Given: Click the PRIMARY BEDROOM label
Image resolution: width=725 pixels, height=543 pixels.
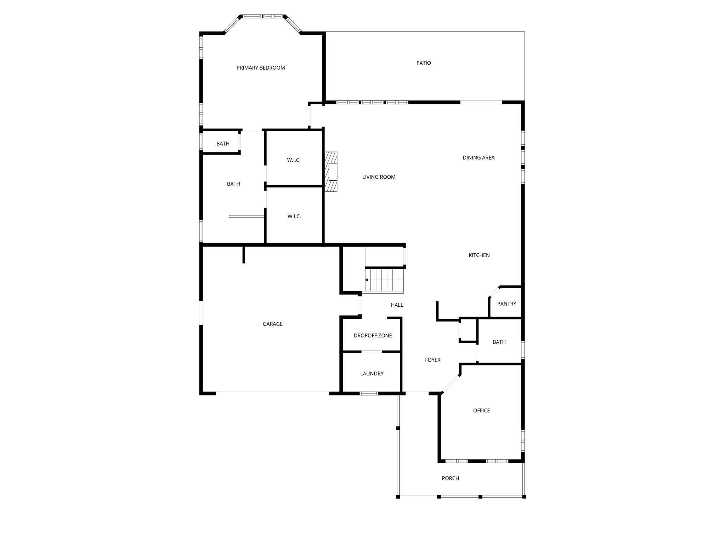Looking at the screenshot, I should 261,68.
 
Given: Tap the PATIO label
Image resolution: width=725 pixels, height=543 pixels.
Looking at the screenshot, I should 424,63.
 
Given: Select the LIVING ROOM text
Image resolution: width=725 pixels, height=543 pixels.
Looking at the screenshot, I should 379,177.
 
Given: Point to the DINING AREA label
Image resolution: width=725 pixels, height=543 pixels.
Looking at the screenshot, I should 478,158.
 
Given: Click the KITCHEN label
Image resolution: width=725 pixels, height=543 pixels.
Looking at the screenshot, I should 479,255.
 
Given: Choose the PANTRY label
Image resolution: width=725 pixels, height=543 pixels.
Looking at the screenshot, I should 506,304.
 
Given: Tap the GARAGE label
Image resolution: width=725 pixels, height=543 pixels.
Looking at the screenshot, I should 272,324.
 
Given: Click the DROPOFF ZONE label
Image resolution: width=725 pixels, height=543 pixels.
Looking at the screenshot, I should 373,335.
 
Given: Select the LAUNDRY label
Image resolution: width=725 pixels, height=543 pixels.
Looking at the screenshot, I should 372,374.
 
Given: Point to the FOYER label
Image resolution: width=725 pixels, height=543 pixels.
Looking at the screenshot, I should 432,360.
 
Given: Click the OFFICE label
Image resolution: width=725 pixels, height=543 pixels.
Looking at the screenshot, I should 481,410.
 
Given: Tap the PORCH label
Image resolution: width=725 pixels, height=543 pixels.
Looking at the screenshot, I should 450,478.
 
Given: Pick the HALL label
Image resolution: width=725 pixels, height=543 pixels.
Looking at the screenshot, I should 397,305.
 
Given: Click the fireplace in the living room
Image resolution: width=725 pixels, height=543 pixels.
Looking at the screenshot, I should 331,172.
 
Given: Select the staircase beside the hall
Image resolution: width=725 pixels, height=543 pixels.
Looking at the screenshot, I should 385,280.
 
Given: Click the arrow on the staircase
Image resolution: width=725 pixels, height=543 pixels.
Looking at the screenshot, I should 367,280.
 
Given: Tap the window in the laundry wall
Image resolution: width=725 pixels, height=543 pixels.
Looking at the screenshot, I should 369,393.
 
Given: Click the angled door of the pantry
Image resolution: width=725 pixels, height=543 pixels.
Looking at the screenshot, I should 494,292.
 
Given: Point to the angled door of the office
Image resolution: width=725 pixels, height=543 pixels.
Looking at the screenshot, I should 451,384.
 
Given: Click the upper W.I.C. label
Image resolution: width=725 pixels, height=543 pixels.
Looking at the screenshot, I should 294,160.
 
